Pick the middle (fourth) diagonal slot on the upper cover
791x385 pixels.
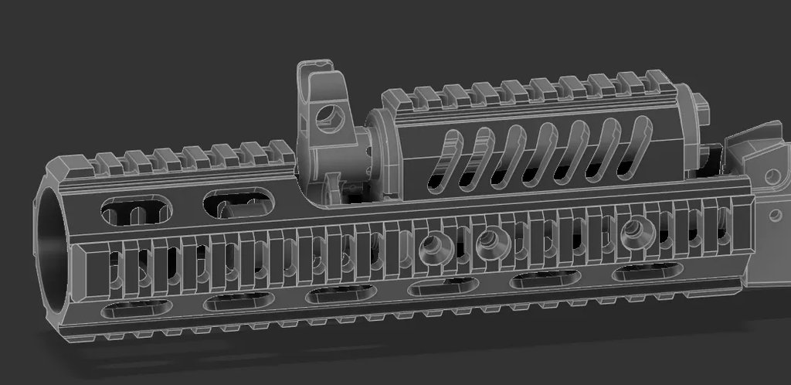click(540, 151)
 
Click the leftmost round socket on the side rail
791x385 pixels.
click(429, 247)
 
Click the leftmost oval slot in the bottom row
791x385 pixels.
click(137, 308)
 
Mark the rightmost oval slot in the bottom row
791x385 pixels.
click(648, 271)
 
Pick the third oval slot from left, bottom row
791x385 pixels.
click(341, 294)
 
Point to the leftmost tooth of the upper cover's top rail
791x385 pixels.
click(395, 98)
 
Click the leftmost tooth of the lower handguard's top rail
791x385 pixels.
click(106, 162)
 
